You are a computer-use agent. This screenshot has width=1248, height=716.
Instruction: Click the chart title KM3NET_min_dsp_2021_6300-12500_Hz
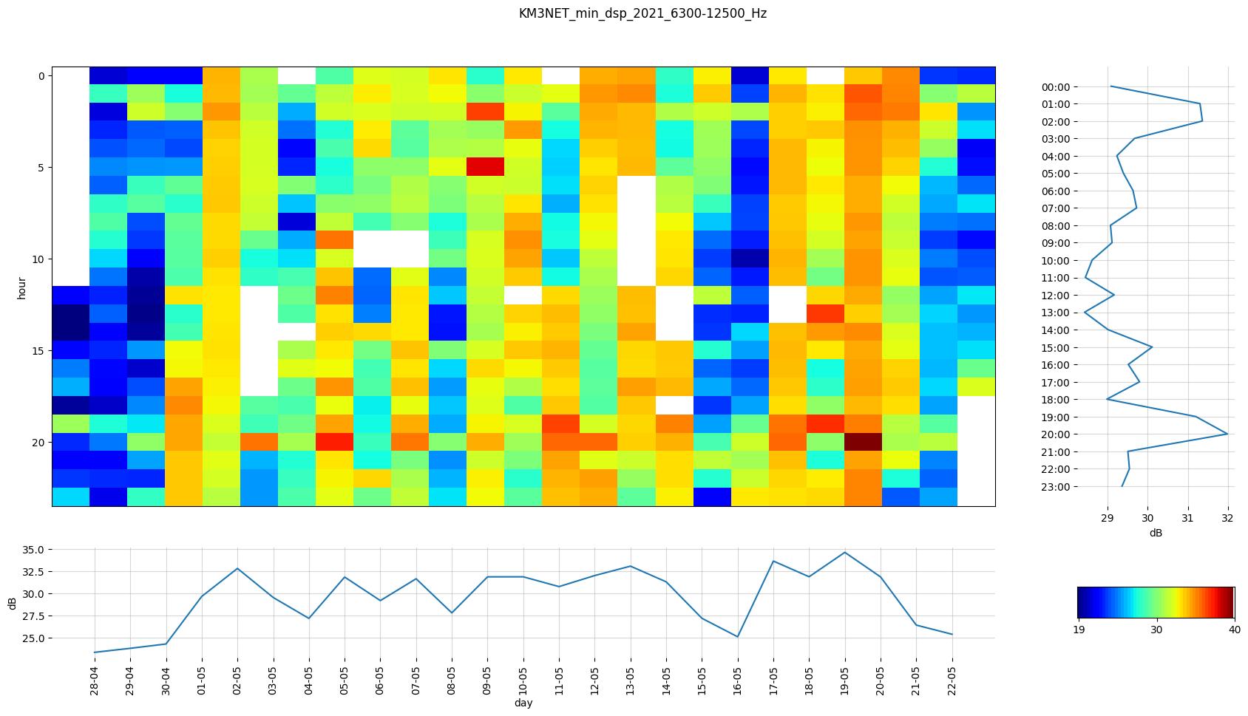(642, 13)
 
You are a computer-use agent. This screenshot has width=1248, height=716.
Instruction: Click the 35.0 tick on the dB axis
(33, 550)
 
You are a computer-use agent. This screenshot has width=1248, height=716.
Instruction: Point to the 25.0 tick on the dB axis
(33, 638)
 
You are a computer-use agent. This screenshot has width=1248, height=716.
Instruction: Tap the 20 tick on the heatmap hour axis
(40, 442)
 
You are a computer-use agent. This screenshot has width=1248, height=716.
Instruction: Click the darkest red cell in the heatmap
(863, 442)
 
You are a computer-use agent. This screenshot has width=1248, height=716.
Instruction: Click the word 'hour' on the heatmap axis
(22, 287)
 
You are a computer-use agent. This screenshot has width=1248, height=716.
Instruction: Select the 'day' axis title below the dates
(523, 703)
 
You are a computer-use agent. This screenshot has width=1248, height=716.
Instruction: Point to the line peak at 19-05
(844, 553)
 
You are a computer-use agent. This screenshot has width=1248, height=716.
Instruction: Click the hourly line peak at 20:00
(1227, 434)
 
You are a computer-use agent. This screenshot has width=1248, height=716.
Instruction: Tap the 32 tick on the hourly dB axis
(1227, 519)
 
